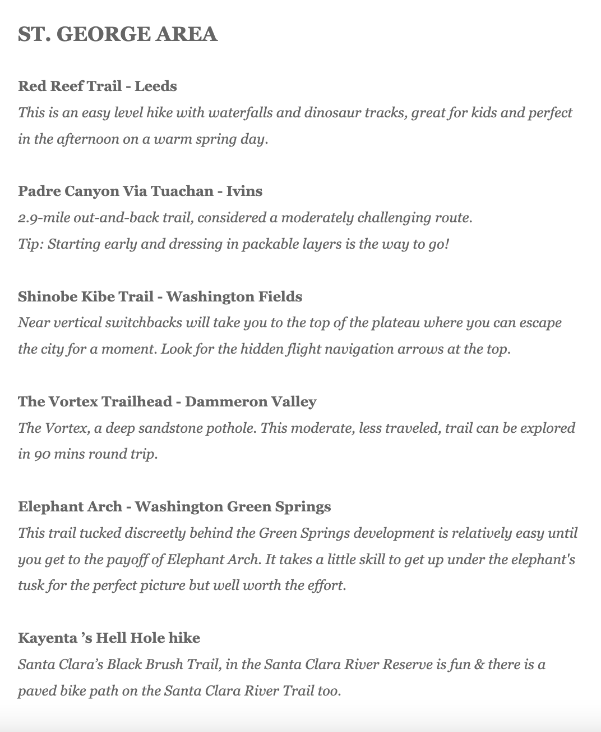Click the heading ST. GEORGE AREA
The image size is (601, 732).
(x=118, y=34)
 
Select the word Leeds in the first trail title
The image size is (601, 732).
(x=156, y=86)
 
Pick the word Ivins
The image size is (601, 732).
(x=244, y=191)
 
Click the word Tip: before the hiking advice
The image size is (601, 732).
(x=30, y=244)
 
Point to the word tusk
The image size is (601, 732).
(x=31, y=585)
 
